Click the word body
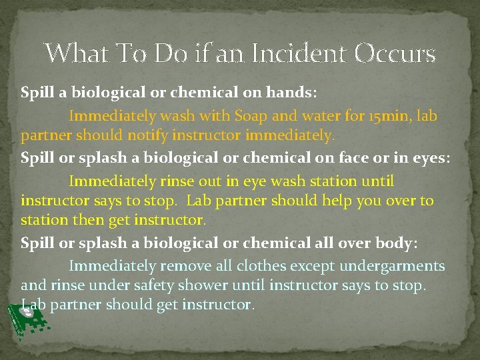point(395,243)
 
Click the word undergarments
point(392,266)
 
